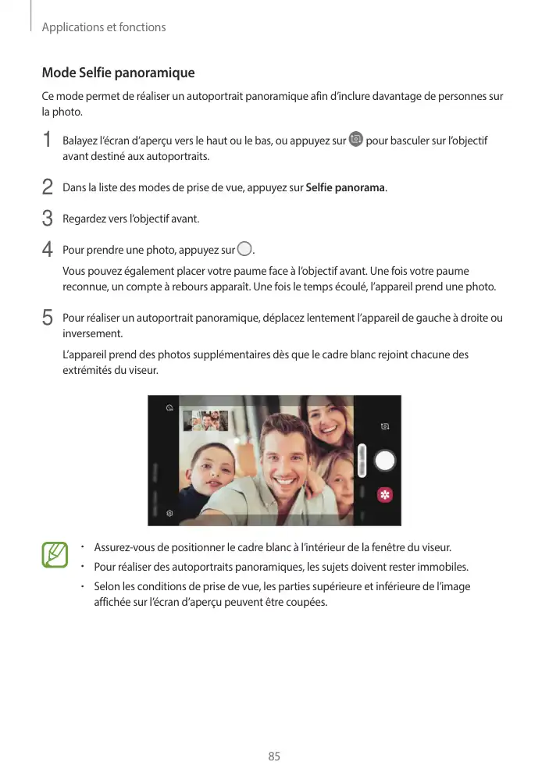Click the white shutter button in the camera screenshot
pyautogui.click(x=384, y=461)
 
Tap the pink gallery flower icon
pyautogui.click(x=384, y=494)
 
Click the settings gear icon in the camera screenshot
pyautogui.click(x=169, y=513)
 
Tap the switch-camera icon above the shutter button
pyautogui.click(x=384, y=427)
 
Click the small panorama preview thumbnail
pyautogui.click(x=205, y=421)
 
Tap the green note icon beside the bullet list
pyautogui.click(x=55, y=555)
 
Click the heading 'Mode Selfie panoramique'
pyautogui.click(x=118, y=73)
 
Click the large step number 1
pyautogui.click(x=48, y=141)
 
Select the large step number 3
pyautogui.click(x=48, y=218)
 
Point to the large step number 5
pyautogui.click(x=48, y=319)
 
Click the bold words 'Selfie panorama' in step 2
pyautogui.click(x=346, y=188)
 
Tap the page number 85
pyautogui.click(x=274, y=756)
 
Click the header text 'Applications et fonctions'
pyautogui.click(x=104, y=27)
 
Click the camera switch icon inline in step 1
pyautogui.click(x=356, y=140)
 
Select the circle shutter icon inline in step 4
pyautogui.click(x=245, y=250)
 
